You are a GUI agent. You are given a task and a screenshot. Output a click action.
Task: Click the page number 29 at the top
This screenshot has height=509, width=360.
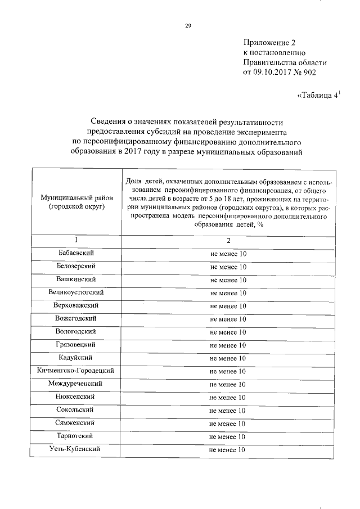pos(188,25)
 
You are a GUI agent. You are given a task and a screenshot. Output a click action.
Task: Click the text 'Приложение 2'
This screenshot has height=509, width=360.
pos(269,42)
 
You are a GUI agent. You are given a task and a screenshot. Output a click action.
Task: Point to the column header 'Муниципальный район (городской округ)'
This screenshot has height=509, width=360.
pos(76,202)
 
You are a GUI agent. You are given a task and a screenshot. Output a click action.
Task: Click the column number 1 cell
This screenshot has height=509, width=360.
pos(76,240)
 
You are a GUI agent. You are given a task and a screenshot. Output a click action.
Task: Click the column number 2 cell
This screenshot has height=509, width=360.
pos(228,241)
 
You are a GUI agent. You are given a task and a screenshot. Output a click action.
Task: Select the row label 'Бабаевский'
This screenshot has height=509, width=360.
pos(76,253)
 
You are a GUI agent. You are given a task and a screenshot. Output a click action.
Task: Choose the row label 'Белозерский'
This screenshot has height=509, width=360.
pos(76,266)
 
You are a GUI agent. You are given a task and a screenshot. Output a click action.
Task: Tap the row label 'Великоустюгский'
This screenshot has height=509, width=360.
pos(76,292)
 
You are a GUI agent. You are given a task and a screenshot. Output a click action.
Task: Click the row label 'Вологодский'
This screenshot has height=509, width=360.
pos(76,331)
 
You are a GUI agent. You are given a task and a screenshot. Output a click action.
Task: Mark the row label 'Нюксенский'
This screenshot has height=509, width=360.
pos(76,397)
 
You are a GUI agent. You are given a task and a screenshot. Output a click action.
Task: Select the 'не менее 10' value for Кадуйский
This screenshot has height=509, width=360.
pos(228,358)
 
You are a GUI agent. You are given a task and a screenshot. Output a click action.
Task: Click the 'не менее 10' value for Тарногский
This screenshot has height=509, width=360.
pos(228,436)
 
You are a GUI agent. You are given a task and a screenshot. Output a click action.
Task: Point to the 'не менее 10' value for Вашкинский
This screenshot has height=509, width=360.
pos(228,280)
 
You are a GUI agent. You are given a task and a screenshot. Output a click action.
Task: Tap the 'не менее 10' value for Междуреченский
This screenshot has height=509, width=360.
pos(228,384)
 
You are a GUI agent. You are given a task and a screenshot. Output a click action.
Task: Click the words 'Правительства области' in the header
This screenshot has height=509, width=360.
pos(284,62)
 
